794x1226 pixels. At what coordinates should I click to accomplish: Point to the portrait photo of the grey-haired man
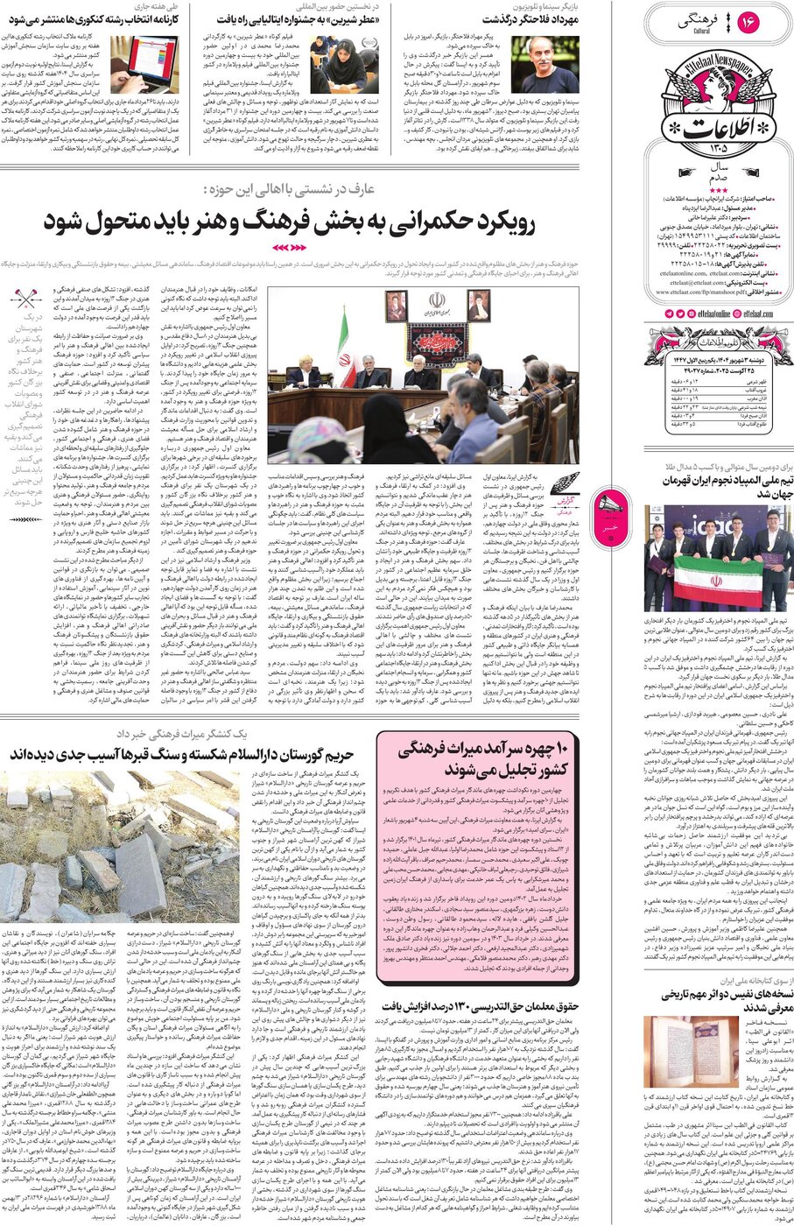(545, 64)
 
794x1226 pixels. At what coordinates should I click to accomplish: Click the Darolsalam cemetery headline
(181, 754)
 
